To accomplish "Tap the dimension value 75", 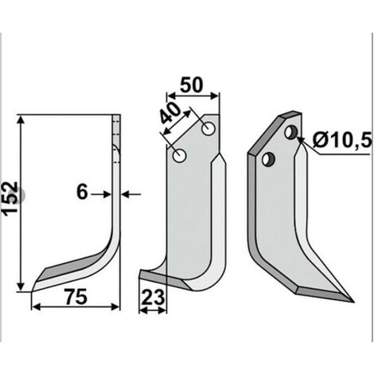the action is tap(76, 297).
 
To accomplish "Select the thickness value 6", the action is tap(82, 193).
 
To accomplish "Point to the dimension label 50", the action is tap(192, 85).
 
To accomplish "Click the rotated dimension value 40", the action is tap(169, 113).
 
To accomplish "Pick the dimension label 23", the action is tap(153, 297).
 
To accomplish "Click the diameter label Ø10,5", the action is tap(341, 140).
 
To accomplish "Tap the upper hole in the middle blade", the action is tap(208, 128).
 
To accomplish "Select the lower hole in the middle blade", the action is tap(180, 156).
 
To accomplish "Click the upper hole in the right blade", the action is tap(291, 132).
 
